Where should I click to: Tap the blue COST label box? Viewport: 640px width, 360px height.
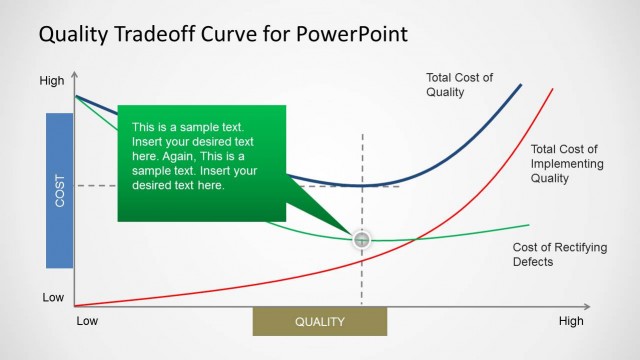pos(60,190)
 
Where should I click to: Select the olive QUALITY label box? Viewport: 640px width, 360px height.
pos(319,322)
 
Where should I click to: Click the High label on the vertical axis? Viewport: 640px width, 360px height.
pos(51,81)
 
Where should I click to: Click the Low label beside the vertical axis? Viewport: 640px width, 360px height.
pos(53,298)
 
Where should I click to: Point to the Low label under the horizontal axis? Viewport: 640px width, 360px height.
pos(88,322)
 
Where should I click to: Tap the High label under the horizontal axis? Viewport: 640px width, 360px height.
pos(571,322)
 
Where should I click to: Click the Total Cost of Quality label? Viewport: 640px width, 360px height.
pos(459,85)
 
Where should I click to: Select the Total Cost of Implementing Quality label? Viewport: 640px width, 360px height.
pos(564,163)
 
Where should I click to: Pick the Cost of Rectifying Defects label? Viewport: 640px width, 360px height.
pos(546,254)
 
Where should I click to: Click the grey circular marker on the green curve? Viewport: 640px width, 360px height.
pos(362,239)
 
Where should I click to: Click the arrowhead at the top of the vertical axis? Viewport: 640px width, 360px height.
pos(75,78)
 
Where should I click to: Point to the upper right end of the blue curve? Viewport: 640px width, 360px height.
pos(521,85)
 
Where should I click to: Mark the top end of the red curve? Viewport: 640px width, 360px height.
pos(552,89)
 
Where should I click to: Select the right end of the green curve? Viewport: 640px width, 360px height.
pos(529,225)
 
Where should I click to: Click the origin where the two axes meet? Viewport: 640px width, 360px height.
pos(75,306)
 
